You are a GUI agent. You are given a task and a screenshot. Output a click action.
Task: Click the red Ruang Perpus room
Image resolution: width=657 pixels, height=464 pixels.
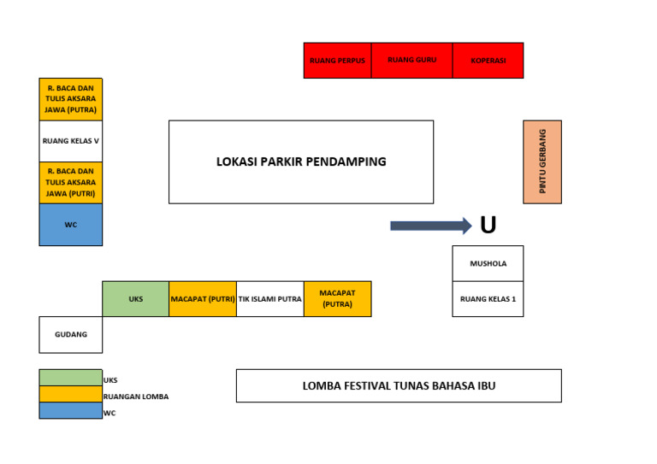pos(337,61)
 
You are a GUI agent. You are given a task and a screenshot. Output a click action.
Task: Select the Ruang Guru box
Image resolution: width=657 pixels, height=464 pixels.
pos(411,61)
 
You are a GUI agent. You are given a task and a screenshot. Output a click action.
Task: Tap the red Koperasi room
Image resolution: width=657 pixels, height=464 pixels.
pos(488,61)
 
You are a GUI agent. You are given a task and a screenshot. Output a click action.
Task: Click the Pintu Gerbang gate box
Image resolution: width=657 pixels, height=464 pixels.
pos(542,162)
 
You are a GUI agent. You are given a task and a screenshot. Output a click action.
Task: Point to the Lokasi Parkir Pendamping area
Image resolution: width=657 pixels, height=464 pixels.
pos(300,162)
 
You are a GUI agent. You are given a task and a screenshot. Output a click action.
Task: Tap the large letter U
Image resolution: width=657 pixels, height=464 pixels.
pos(488,226)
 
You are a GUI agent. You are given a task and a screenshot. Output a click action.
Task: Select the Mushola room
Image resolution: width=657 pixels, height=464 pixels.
pos(488,263)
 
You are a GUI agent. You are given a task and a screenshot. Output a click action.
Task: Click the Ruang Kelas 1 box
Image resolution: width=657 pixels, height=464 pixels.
pos(488,299)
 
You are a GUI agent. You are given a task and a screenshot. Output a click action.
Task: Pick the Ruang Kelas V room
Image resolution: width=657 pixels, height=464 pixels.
pos(70,141)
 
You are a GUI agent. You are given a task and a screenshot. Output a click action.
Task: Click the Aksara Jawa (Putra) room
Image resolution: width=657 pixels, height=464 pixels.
pos(70,99)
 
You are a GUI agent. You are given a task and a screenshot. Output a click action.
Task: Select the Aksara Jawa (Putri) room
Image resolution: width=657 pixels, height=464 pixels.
pos(70,183)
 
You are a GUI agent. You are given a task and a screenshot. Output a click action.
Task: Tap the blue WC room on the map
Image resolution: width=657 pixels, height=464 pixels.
pos(70,225)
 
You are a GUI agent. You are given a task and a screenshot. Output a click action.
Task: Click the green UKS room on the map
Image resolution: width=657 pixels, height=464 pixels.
pos(135,299)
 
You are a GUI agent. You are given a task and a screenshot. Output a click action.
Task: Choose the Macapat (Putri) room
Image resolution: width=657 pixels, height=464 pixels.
pos(202,299)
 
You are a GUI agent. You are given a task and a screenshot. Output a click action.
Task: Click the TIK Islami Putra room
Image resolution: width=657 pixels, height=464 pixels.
pos(269,299)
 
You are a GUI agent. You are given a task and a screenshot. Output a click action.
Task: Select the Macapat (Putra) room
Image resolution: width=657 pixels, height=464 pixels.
pos(337,299)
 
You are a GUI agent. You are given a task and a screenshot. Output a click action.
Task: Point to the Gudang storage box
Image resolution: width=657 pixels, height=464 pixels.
pos(70,334)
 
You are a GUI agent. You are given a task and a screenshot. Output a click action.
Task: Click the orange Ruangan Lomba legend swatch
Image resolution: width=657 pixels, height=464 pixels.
pos(70,394)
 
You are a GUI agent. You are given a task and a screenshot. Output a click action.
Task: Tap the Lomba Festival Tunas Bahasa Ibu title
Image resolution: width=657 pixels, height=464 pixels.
pos(399,385)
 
